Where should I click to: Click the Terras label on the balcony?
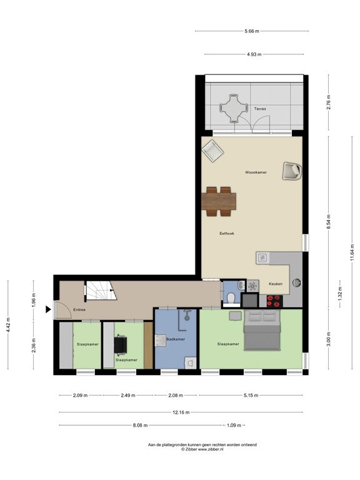tap(260, 109)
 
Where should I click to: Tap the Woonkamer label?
tap(256, 172)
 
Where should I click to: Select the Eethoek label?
tap(227, 233)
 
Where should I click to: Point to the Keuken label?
tap(276, 284)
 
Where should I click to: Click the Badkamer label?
tap(176, 339)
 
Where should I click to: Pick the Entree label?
tap(79, 310)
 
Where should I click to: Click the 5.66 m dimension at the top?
tap(252, 31)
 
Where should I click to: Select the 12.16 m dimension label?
tap(181, 412)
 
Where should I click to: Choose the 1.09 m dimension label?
tap(234, 425)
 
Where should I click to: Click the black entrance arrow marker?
tap(48, 309)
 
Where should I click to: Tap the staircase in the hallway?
tap(101, 291)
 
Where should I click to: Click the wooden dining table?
tap(219, 201)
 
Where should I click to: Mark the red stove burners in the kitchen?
tap(274, 301)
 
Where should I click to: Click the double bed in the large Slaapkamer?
tap(262, 330)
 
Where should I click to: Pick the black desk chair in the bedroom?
tap(121, 345)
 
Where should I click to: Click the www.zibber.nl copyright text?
tap(202, 449)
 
